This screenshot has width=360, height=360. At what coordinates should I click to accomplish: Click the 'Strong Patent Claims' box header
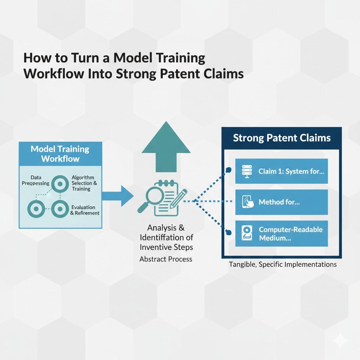coord(282,137)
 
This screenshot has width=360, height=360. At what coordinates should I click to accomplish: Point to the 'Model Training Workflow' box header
coord(60,154)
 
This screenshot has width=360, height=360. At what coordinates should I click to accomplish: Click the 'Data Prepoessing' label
coord(36,180)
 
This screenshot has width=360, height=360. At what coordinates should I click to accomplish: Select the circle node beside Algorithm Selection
coord(59,183)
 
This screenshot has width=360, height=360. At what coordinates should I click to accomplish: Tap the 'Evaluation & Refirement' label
coord(85,210)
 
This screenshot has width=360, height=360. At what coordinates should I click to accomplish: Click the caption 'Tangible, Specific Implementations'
coord(283,264)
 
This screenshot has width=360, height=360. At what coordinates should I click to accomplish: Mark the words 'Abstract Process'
coord(166,259)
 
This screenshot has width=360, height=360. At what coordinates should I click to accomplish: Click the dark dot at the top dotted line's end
coord(229,170)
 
